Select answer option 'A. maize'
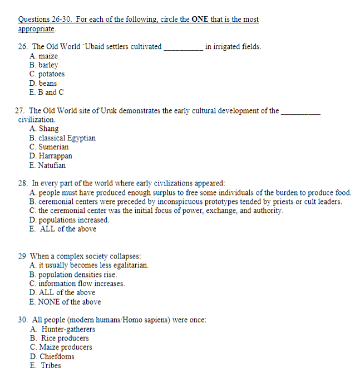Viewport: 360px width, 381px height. pyautogui.click(x=44, y=56)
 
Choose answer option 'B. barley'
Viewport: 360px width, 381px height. pyautogui.click(x=44, y=65)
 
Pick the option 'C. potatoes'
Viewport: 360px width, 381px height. pyautogui.click(x=47, y=74)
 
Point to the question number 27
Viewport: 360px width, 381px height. pyautogui.click(x=22, y=111)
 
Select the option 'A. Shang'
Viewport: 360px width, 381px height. pyautogui.click(x=44, y=129)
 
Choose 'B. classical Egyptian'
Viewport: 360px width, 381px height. pyautogui.click(x=63, y=138)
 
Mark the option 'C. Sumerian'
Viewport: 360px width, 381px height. pyautogui.click(x=50, y=147)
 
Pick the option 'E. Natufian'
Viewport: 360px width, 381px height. pyautogui.click(x=48, y=165)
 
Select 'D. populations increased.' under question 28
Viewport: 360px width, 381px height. pyautogui.click(x=70, y=220)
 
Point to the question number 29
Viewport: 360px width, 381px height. pyautogui.click(x=22, y=256)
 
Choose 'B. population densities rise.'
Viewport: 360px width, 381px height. pyautogui.click(x=73, y=275)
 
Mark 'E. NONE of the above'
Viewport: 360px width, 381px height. pyautogui.click(x=65, y=302)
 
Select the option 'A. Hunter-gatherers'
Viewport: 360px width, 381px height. pyautogui.click(x=63, y=329)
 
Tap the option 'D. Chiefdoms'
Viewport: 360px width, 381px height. pyautogui.click(x=52, y=356)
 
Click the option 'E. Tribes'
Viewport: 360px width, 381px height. pyautogui.click(x=46, y=365)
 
